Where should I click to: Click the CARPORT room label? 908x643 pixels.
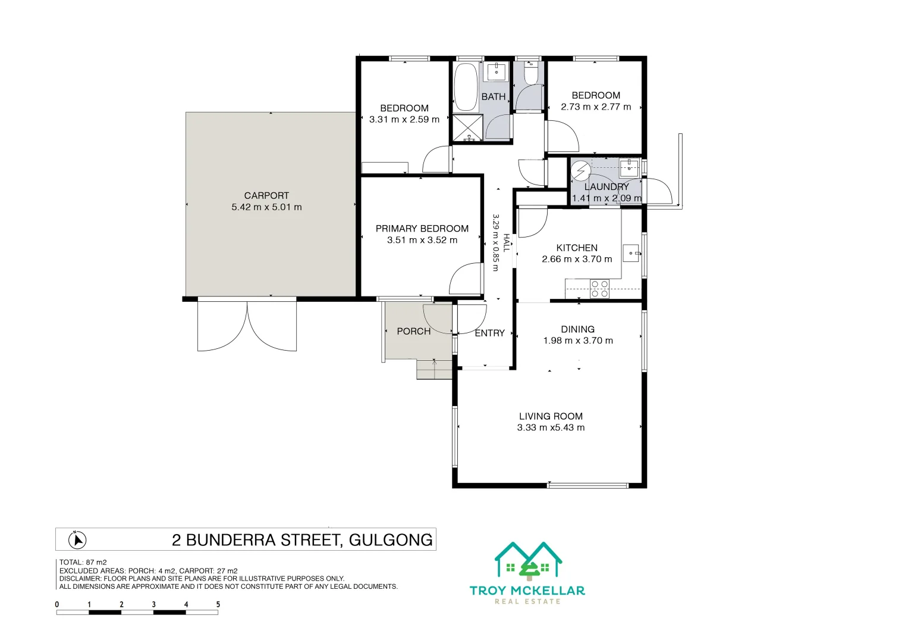click(x=266, y=195)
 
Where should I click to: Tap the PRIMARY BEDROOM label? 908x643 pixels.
click(x=422, y=229)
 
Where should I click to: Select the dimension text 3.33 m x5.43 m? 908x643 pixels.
click(x=551, y=427)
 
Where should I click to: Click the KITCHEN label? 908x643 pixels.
click(x=577, y=248)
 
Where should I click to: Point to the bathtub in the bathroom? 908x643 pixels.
click(x=465, y=88)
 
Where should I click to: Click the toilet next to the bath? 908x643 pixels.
click(x=531, y=74)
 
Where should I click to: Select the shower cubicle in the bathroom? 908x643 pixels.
click(x=469, y=129)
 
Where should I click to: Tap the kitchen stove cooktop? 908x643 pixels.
click(x=599, y=289)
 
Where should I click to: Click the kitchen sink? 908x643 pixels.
click(x=631, y=253)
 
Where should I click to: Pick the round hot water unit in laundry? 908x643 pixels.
click(x=580, y=171)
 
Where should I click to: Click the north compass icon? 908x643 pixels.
click(x=77, y=540)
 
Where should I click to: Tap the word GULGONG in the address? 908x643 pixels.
click(x=391, y=540)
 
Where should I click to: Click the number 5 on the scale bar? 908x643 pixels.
click(x=218, y=604)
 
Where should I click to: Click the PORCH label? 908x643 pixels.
click(x=413, y=331)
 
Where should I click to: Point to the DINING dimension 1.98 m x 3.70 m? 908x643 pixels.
click(x=577, y=341)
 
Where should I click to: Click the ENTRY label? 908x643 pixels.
click(x=489, y=333)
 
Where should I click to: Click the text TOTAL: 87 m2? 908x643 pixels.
click(x=83, y=562)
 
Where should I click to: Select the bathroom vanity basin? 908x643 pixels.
click(x=497, y=71)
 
